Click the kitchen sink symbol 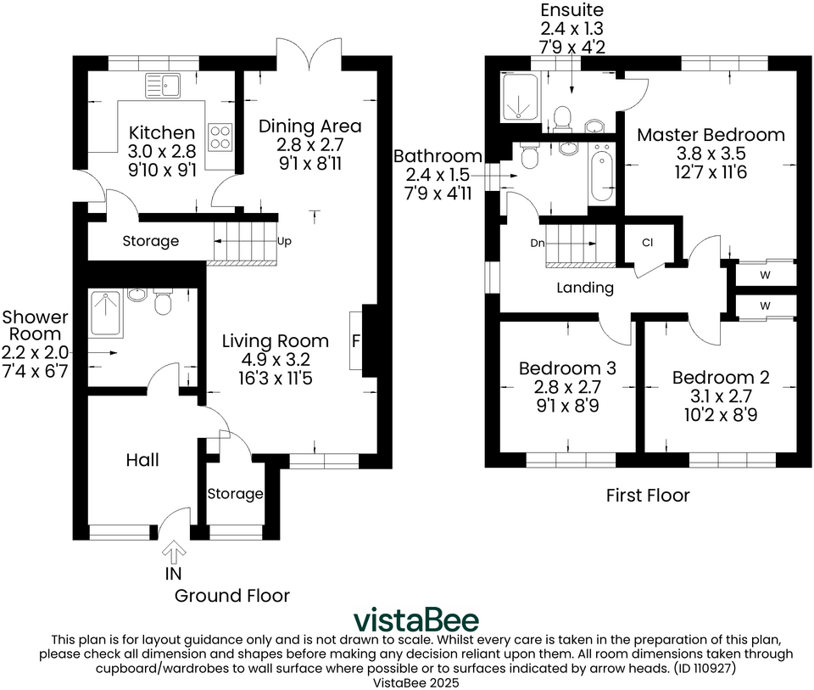click(163, 84)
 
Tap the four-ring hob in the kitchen click(220, 136)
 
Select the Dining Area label click(309, 126)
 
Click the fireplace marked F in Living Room click(355, 340)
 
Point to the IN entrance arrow click(173, 555)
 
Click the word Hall click(142, 461)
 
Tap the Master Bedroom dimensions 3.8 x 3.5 click(711, 154)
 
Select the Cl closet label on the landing click(647, 243)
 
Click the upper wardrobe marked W click(765, 274)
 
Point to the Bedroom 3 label click(567, 368)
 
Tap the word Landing click(585, 288)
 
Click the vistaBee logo click(415, 619)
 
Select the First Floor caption click(648, 495)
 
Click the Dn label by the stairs click(537, 243)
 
